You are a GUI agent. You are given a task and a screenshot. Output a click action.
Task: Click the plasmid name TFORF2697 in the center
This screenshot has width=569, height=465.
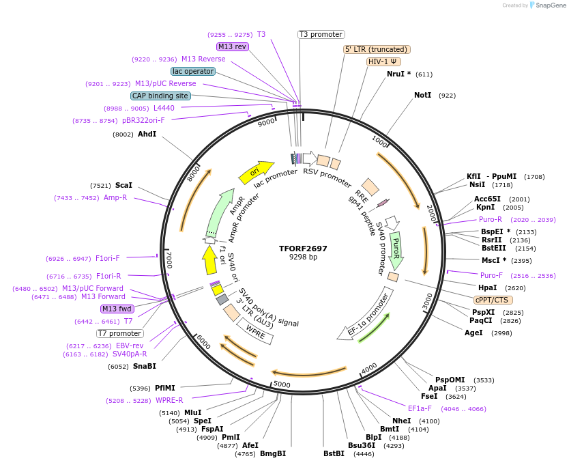point(303,249)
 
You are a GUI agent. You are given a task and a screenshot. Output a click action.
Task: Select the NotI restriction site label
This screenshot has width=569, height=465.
point(422,95)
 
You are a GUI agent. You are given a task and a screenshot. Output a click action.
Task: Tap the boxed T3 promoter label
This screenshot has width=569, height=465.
point(321,34)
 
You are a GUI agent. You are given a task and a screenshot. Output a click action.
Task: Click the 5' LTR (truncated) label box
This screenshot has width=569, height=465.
point(376,49)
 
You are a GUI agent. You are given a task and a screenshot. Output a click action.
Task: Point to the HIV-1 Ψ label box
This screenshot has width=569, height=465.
point(384,61)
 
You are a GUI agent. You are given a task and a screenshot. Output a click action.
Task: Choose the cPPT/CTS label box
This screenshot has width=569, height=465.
point(493,300)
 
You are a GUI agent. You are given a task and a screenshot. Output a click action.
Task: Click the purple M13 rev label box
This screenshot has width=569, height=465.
point(233,46)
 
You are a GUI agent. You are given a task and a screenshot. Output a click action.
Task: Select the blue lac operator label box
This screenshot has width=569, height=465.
point(193,71)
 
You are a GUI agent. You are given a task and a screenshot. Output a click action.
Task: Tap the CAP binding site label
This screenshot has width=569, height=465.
point(160,96)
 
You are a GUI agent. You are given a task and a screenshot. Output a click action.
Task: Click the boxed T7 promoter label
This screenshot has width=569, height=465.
point(119,333)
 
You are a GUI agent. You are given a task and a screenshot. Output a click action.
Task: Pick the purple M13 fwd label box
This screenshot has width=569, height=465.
point(117,309)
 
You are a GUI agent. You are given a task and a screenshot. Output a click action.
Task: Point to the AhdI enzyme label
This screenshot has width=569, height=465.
point(147,135)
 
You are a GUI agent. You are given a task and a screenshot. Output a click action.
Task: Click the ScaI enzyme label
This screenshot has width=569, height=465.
point(123,185)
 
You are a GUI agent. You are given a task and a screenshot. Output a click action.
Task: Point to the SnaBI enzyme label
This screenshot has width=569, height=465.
point(145,366)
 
